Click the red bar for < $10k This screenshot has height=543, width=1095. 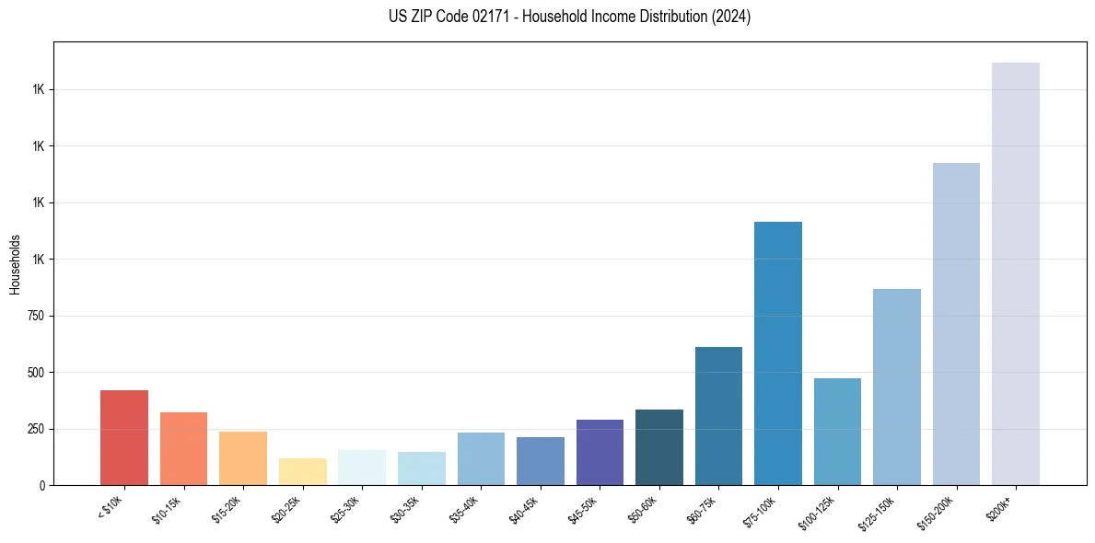(124, 437)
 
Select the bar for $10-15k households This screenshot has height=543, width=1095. (183, 448)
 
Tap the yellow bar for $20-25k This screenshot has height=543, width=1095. (302, 471)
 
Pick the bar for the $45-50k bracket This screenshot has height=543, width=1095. (600, 452)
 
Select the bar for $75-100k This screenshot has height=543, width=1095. (778, 353)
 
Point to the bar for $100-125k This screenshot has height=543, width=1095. (837, 432)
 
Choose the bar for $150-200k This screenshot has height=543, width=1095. (956, 324)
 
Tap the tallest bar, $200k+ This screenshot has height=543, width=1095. (1016, 273)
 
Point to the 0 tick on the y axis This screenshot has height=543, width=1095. (42, 485)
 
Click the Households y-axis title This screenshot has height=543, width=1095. (15, 263)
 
